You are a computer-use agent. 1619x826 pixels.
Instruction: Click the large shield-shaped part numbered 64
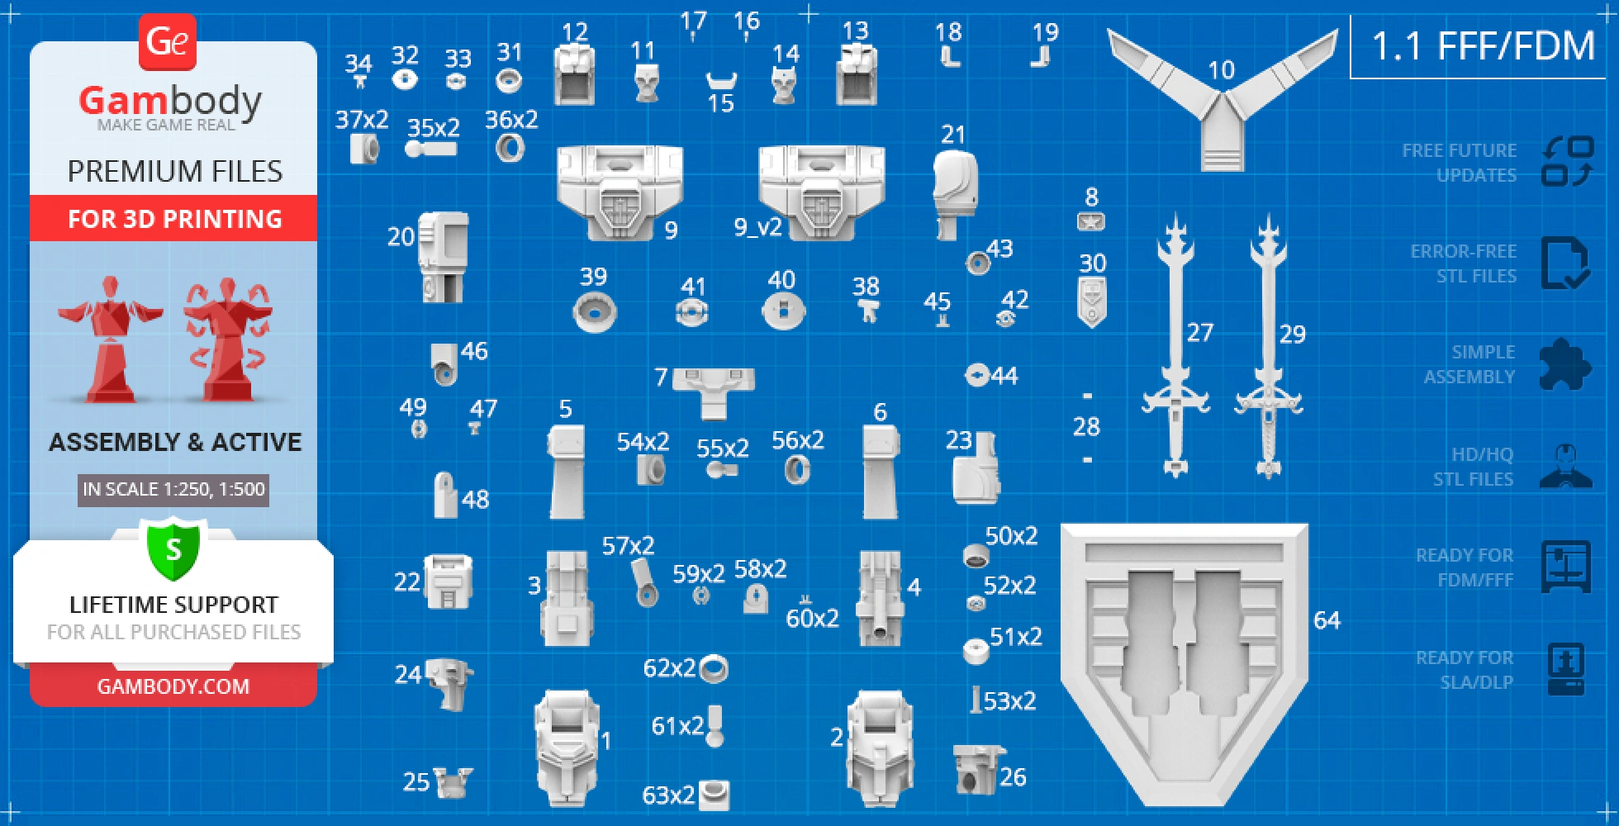click(1183, 661)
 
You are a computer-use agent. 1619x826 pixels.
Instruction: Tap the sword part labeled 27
click(1175, 347)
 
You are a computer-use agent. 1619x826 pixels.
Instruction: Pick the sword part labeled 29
click(1269, 347)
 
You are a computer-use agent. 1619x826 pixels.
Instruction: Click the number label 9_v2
click(757, 227)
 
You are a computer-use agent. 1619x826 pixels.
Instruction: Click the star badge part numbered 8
click(1091, 221)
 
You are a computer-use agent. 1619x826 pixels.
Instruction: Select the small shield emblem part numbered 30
click(1092, 301)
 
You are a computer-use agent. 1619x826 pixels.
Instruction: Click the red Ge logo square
click(168, 42)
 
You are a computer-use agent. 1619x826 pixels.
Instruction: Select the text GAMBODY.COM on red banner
click(173, 686)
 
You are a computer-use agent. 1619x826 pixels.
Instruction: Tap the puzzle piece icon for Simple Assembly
click(1564, 364)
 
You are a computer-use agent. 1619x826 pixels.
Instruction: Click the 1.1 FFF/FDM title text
click(1483, 45)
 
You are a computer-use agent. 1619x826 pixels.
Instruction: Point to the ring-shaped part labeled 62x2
click(714, 669)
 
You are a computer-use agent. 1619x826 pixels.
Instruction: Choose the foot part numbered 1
click(567, 748)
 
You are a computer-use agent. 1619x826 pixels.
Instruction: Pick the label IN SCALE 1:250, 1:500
click(173, 489)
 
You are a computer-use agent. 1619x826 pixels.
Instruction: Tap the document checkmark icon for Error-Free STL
click(1564, 263)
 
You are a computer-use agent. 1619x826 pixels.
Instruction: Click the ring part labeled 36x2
click(510, 149)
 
